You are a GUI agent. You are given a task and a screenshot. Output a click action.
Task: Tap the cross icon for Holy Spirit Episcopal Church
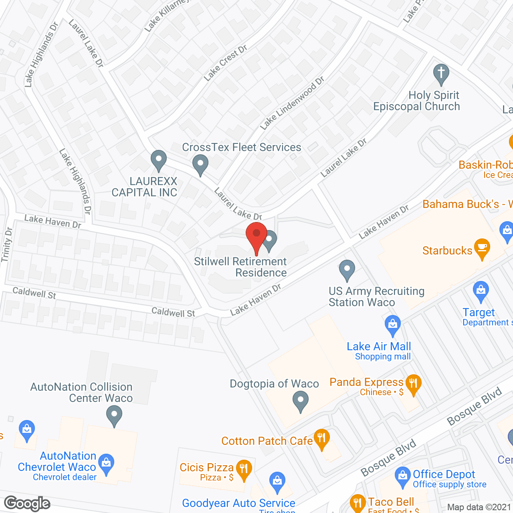(x=441, y=74)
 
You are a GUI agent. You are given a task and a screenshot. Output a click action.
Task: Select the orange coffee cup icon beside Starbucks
(x=482, y=248)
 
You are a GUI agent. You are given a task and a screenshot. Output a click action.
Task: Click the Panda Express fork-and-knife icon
(x=413, y=384)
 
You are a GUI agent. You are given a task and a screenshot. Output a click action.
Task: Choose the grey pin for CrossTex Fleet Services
(x=200, y=164)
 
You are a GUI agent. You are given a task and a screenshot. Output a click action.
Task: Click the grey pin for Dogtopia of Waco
(x=300, y=400)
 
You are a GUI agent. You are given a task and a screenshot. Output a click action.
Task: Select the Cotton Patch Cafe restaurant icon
(x=321, y=438)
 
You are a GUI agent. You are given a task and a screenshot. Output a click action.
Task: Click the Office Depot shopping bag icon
(x=402, y=476)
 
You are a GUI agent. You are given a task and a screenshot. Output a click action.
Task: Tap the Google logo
(x=27, y=504)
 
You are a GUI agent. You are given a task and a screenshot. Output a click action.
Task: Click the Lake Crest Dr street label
(x=225, y=63)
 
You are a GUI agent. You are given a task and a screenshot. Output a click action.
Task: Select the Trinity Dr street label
(x=7, y=245)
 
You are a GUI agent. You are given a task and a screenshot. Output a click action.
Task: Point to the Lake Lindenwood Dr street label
(x=291, y=103)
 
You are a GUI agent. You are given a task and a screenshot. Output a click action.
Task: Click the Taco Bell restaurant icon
(x=357, y=503)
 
